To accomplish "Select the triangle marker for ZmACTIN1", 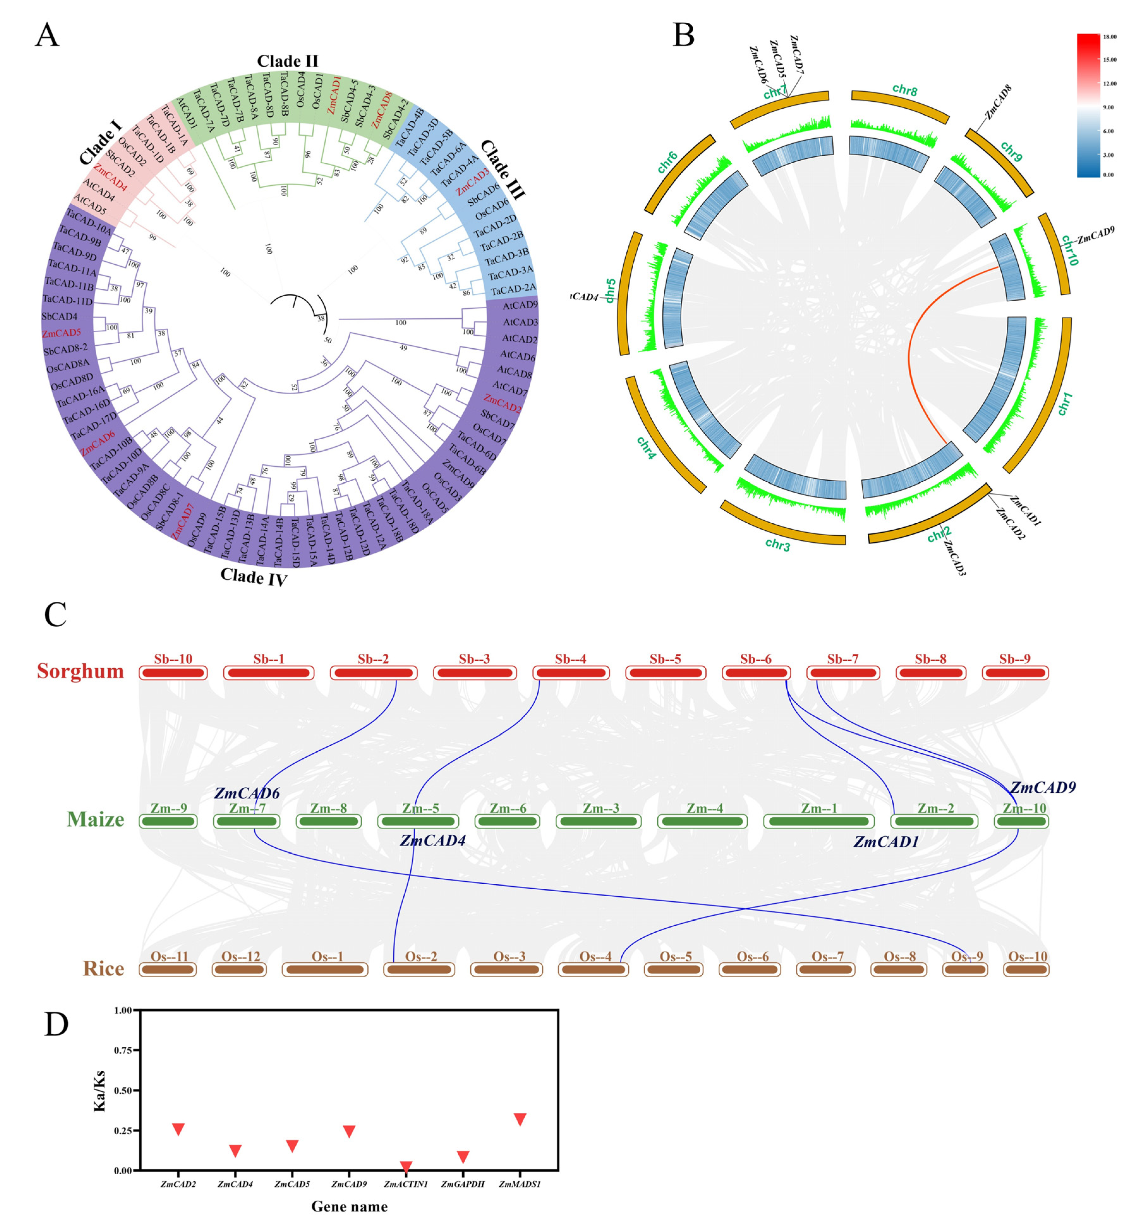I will [406, 1167].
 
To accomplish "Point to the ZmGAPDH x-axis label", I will [463, 1184].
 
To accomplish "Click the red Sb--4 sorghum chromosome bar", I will [570, 672].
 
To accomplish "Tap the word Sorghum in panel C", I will [80, 671].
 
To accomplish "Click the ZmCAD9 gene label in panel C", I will [1042, 787].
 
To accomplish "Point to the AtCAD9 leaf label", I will [520, 305].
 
